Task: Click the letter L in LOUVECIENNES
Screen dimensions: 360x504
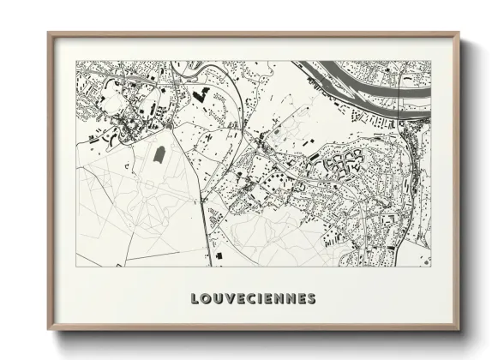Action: [195, 299]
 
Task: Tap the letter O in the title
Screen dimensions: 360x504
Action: [206, 299]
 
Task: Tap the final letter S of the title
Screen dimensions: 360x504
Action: [310, 299]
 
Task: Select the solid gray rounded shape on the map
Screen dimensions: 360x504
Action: [159, 154]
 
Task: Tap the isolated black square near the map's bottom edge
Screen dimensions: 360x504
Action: [218, 255]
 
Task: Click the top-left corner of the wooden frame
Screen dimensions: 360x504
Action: [49, 34]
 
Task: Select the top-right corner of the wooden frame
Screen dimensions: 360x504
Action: [459, 34]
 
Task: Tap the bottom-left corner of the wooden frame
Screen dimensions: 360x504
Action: [49, 329]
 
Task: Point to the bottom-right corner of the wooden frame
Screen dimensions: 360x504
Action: [459, 329]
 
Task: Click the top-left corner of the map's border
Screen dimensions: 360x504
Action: [76, 61]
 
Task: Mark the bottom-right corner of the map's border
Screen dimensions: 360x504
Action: [430, 266]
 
